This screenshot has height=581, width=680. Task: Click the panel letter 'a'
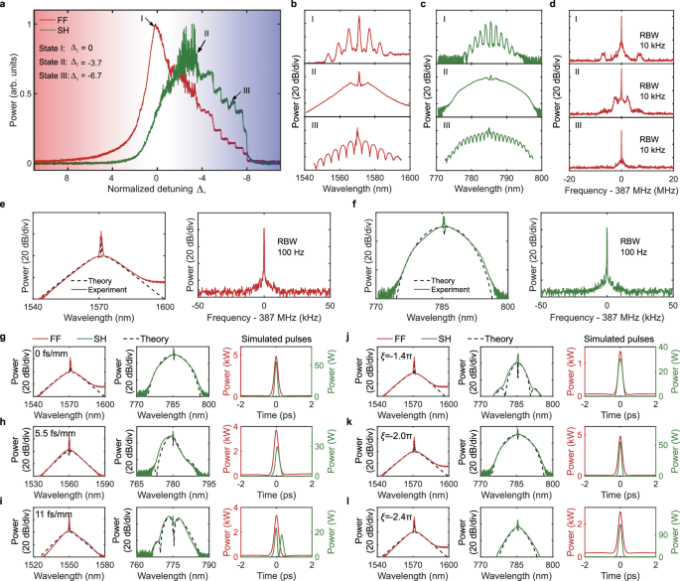point(5,6)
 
